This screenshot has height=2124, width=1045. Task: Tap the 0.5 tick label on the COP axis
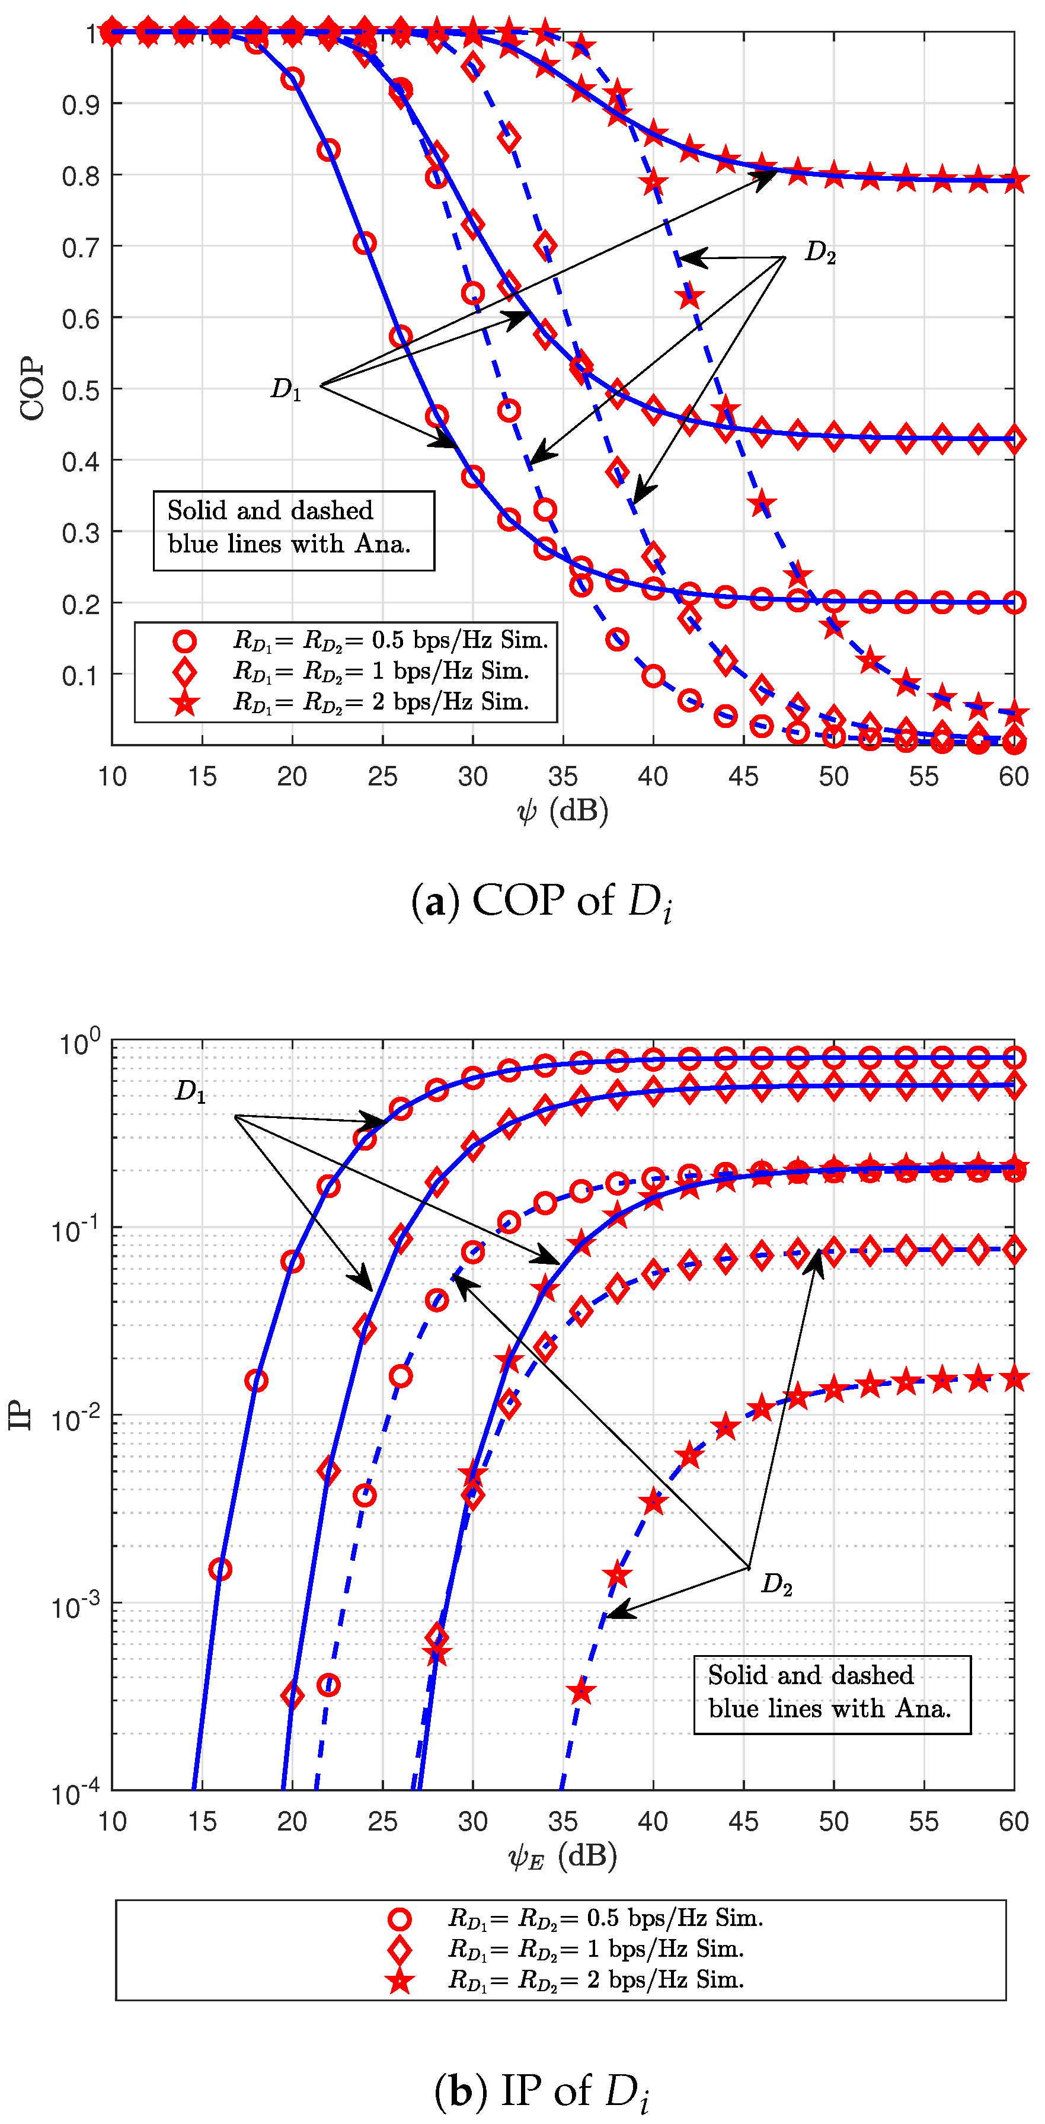81,390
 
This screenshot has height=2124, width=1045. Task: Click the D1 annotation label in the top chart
286,388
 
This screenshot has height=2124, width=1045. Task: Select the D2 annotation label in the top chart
820,251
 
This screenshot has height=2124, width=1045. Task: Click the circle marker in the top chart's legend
184,641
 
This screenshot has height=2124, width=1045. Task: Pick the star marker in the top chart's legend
184,702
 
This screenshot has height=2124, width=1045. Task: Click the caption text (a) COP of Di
541,901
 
